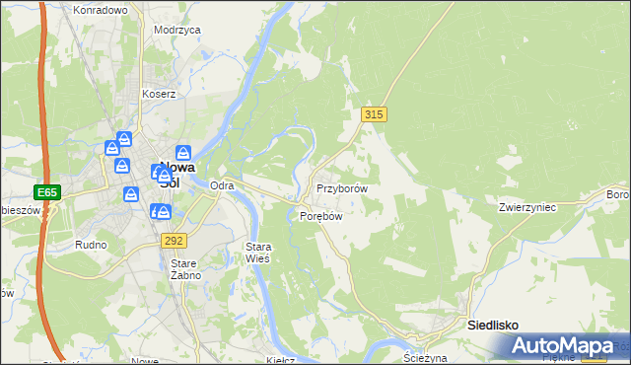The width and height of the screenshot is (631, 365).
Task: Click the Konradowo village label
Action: pyautogui.click(x=101, y=10)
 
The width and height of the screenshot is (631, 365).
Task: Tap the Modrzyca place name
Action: pyautogui.click(x=177, y=30)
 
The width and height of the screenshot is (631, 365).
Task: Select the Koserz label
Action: pyautogui.click(x=158, y=95)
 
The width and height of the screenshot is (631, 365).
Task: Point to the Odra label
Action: pyautogui.click(x=222, y=185)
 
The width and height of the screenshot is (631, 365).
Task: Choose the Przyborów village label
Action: pyautogui.click(x=342, y=187)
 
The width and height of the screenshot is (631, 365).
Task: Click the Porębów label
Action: pyautogui.click(x=320, y=216)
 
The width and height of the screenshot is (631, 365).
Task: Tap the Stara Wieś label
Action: pyautogui.click(x=256, y=252)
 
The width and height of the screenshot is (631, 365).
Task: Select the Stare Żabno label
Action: pyautogui.click(x=185, y=269)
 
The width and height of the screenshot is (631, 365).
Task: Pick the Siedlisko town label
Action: pyautogui.click(x=492, y=325)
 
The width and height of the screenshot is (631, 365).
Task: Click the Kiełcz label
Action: pyautogui.click(x=283, y=360)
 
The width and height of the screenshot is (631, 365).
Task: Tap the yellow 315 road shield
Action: pyautogui.click(x=374, y=115)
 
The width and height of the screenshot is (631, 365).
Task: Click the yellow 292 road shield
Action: pyautogui.click(x=174, y=240)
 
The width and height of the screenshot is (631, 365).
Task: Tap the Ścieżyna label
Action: pyautogui.click(x=427, y=359)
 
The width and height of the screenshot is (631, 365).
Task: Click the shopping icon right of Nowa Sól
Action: pyautogui.click(x=183, y=153)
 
